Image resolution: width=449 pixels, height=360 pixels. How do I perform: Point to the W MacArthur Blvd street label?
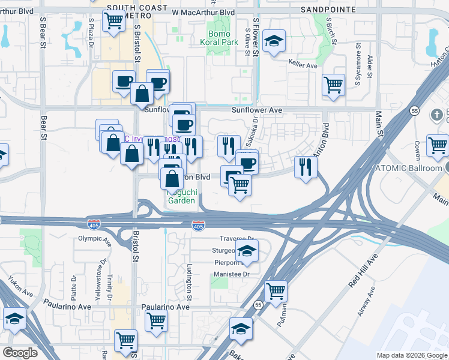203,12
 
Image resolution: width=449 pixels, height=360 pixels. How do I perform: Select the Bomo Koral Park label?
218,38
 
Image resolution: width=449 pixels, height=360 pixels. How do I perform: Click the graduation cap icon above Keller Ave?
274,41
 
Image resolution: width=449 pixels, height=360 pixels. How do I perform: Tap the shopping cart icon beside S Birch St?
333,84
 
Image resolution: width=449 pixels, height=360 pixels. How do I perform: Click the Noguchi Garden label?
181,196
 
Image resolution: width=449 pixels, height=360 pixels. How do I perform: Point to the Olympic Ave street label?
95,238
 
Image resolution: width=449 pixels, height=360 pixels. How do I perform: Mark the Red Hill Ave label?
364,271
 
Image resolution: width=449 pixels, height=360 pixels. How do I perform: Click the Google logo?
20,353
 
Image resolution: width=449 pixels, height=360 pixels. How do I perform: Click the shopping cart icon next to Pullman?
276,291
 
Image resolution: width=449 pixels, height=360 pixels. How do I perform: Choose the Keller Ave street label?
303,66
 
